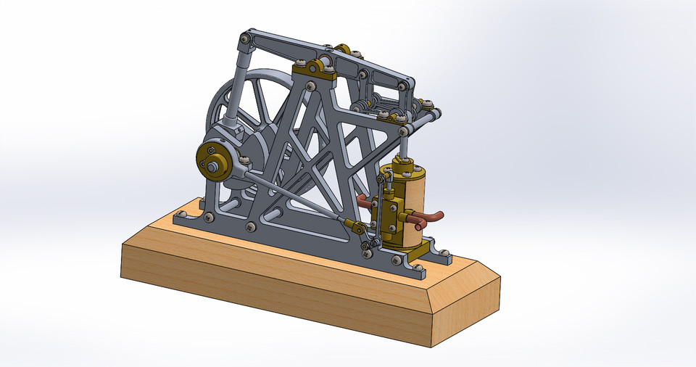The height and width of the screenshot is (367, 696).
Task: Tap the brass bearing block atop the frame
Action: point(313,70)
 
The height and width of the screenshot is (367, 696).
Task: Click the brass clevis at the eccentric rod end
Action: point(355,228)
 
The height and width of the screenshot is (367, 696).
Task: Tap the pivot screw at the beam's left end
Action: point(247,38)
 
